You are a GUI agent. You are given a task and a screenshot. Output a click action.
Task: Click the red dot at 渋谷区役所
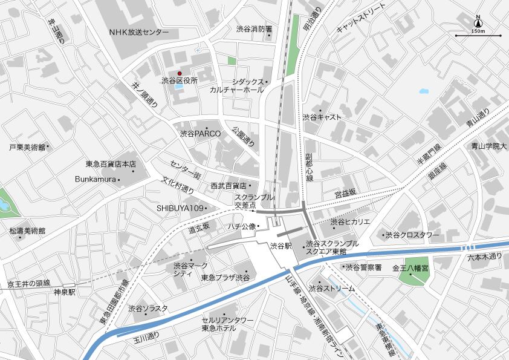[x=179, y=74]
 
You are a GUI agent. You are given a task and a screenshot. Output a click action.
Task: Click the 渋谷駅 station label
[x=281, y=246]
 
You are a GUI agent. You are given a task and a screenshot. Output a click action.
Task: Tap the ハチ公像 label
[x=242, y=226]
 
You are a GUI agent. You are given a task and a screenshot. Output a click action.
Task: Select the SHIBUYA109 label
[x=180, y=208]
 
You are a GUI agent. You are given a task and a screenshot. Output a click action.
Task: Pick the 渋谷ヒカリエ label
[x=350, y=222]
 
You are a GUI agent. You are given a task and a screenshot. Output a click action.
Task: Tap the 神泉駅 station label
[x=63, y=292]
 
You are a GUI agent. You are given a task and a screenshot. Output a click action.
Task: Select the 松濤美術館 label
[x=27, y=231]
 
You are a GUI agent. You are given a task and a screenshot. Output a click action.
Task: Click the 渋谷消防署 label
[x=254, y=28]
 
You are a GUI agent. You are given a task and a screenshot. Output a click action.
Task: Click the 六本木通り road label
[x=485, y=257]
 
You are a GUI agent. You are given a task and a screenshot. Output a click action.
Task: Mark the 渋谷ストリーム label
[x=331, y=289]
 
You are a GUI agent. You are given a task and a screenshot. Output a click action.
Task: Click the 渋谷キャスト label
[x=322, y=117]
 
